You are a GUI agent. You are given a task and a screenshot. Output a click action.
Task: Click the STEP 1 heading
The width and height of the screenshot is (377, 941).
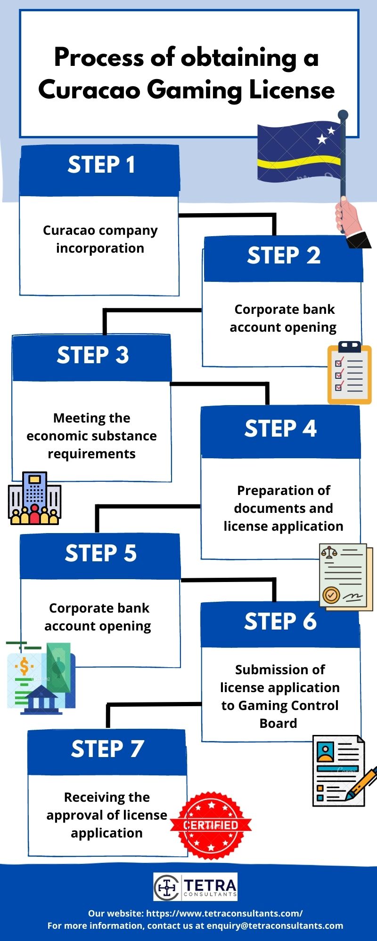click(101, 165)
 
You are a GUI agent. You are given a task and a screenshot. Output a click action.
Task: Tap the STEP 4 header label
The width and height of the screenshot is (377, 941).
click(280, 429)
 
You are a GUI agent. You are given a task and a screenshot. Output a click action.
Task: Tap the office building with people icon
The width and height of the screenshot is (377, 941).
click(34, 498)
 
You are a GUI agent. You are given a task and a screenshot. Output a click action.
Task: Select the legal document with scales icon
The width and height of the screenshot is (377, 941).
click(345, 577)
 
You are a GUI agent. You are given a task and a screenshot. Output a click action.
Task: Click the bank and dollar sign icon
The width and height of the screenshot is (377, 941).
click(40, 678)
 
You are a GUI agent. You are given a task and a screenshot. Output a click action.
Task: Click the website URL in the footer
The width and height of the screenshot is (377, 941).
click(224, 913)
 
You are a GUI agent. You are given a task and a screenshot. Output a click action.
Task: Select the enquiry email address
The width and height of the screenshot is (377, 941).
click(275, 925)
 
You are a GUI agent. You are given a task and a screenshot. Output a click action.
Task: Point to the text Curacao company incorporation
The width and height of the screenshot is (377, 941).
click(100, 239)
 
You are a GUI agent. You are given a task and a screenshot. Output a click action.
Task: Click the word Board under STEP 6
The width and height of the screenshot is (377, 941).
click(279, 723)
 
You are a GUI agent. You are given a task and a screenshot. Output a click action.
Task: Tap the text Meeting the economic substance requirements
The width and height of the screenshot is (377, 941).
click(91, 436)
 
